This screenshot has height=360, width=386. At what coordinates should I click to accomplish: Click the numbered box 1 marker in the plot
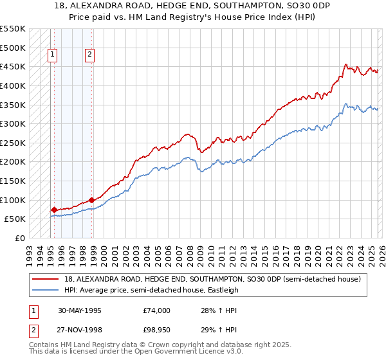[x=51, y=55]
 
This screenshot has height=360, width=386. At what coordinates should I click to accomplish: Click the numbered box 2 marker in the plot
[x=89, y=55]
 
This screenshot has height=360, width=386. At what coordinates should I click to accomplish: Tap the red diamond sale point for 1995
[x=55, y=210]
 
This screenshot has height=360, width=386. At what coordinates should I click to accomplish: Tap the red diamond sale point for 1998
[x=92, y=200]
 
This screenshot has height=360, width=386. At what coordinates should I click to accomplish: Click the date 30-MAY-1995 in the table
[x=79, y=310]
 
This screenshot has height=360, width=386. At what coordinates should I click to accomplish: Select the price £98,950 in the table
[x=157, y=330]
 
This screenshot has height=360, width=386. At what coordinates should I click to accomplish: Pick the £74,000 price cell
[x=157, y=310]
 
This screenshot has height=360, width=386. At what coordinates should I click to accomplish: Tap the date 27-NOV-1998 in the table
[x=79, y=330]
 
